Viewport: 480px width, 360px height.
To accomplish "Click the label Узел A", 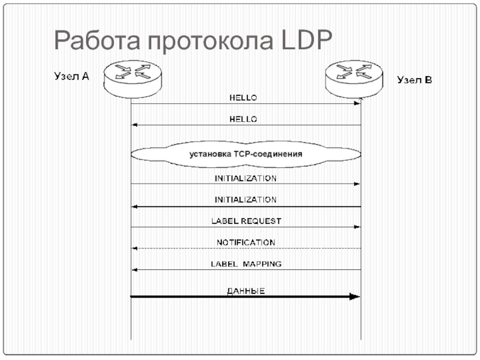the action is (x=72, y=77).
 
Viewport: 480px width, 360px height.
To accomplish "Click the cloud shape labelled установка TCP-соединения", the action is (x=246, y=154).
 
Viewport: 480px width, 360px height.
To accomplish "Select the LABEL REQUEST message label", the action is (x=246, y=221).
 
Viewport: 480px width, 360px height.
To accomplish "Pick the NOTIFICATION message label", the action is (x=246, y=242).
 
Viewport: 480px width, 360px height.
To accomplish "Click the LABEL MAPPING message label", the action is (x=246, y=264).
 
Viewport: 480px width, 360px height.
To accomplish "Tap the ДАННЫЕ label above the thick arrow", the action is (x=246, y=291).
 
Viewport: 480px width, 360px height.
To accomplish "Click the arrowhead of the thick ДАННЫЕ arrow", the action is (x=355, y=296).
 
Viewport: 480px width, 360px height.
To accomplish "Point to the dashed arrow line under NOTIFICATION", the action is (x=246, y=248).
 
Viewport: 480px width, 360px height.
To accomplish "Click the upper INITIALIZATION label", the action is (x=246, y=178).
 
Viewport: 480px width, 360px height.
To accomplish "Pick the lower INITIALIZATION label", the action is (x=246, y=200).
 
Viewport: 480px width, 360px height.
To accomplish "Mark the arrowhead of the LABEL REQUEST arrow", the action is (x=357, y=227).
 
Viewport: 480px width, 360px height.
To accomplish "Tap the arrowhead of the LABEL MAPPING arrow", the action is (x=135, y=270).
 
